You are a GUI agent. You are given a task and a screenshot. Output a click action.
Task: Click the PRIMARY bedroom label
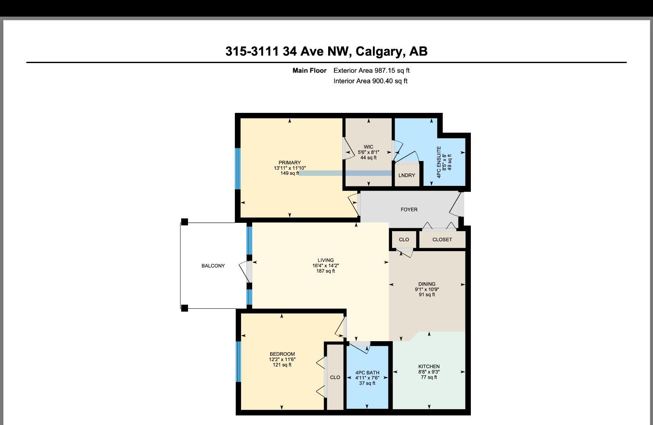coord(290,163)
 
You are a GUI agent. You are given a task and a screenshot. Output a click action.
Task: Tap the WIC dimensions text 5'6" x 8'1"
coord(368,152)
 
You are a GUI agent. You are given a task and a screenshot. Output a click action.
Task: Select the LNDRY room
coord(407,175)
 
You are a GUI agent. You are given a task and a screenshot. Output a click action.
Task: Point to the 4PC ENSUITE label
coord(439,162)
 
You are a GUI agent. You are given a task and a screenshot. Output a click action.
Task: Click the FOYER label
coord(409,210)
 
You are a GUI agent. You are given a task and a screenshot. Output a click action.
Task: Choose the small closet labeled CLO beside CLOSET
coord(404,239)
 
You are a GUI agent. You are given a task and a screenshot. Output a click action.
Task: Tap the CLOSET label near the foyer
coord(442,239)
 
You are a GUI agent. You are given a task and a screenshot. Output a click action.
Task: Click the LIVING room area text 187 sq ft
coord(326,271)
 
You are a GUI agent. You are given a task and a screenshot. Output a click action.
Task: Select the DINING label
coord(427,284)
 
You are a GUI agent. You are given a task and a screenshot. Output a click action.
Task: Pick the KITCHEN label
coord(429,366)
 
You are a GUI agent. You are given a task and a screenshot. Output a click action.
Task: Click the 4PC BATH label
coord(367,373)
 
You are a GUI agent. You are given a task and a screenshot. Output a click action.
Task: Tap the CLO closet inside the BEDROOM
coord(335,377)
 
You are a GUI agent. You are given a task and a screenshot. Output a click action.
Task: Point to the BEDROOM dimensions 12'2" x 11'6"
coord(282,359)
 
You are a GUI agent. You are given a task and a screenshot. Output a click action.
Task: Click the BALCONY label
coord(213,266)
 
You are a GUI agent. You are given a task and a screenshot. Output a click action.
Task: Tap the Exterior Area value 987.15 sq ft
coord(392,71)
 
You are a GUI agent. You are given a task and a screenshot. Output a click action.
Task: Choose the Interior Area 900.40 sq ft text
coord(370,81)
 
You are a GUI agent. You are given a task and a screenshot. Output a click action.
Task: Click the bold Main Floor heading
coord(309,71)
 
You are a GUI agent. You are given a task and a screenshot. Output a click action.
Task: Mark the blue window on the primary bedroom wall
coord(238,169)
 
